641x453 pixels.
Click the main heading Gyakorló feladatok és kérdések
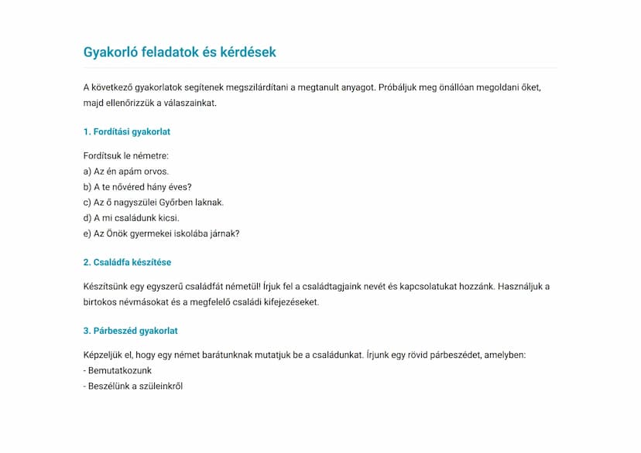tap(180, 53)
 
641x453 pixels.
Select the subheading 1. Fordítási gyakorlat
tap(126, 132)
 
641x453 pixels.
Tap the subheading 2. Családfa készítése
tap(127, 263)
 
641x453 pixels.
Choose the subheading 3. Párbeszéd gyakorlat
tap(130, 331)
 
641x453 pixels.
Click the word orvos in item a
tap(156, 172)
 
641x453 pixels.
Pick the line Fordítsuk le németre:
tap(125, 156)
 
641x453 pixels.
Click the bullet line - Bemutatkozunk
tap(117, 371)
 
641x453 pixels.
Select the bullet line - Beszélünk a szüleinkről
tap(132, 387)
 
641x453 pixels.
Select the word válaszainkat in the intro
tap(191, 103)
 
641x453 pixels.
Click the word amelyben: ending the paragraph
tap(505, 356)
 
